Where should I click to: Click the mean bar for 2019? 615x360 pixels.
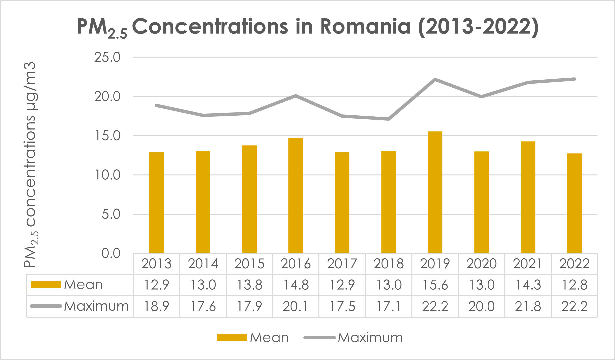coord(435,192)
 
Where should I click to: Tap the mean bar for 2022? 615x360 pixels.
coord(574,203)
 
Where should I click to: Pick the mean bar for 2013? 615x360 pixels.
coord(156,203)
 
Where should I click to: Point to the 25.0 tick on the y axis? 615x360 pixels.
coord(107,57)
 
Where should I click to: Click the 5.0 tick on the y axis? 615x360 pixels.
coord(111,214)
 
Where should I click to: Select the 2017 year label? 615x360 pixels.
coord(342,264)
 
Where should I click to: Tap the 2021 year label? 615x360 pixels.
coord(528,264)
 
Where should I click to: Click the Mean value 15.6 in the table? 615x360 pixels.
coord(435,285)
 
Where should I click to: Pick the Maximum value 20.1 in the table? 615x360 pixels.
coord(296,306)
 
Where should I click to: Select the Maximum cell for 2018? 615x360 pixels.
coord(389,306)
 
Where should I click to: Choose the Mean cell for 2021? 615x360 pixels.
coord(528,285)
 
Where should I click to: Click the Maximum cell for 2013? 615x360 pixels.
coord(156,306)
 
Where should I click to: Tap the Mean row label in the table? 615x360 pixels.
coord(83,285)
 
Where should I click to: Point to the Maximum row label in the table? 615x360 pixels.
coord(96,306)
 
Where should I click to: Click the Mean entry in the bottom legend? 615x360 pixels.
coord(269,338)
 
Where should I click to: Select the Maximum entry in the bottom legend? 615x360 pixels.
coord(370,338)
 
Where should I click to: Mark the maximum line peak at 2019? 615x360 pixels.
coord(435,79)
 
